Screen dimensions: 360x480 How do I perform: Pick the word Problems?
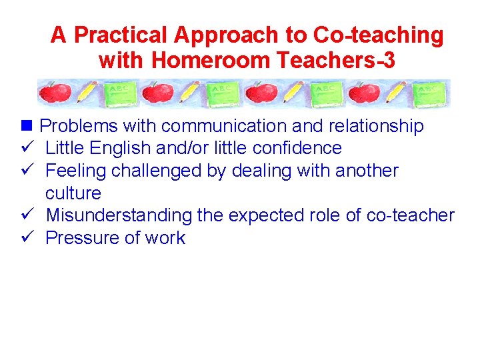(74, 125)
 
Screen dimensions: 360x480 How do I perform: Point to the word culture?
(73, 193)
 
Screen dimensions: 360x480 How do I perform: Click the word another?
(367, 171)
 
